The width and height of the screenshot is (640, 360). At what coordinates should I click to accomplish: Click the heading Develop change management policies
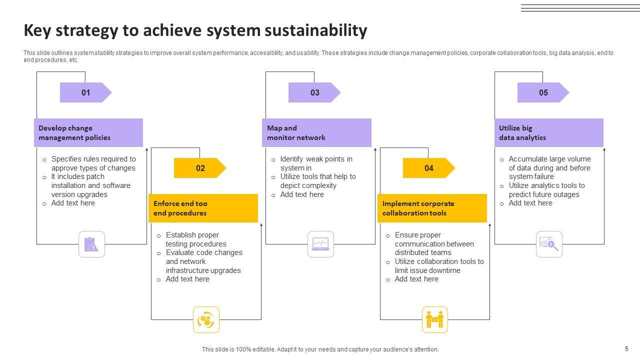coord(88,132)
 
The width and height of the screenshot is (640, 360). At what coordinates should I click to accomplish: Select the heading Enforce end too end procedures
coord(203,208)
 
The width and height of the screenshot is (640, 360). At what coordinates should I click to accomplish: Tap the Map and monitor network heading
coord(316,132)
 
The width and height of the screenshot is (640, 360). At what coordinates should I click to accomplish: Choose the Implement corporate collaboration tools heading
coord(432,208)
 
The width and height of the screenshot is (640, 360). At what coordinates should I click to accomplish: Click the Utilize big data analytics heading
coord(548,132)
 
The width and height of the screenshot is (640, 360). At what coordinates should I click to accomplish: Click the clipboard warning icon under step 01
coord(91,244)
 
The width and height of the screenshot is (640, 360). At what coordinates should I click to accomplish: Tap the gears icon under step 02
coord(206,319)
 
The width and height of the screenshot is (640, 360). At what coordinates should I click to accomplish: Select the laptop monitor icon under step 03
coord(320,244)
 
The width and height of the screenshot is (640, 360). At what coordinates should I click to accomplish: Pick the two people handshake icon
coord(434,319)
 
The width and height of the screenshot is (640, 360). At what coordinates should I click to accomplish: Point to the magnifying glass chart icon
coord(549,244)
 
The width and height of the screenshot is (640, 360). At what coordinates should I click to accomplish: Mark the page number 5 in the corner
coord(626,349)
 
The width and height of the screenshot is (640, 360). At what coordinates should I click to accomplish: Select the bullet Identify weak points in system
coord(316,163)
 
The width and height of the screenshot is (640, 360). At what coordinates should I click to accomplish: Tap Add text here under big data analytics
coord(530,203)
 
